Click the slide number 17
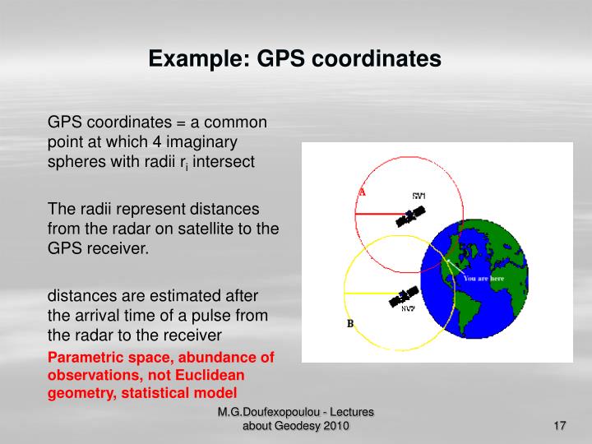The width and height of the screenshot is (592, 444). click(x=561, y=425)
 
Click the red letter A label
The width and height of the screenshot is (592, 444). click(x=361, y=192)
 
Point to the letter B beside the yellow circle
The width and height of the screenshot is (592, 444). click(x=349, y=324)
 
